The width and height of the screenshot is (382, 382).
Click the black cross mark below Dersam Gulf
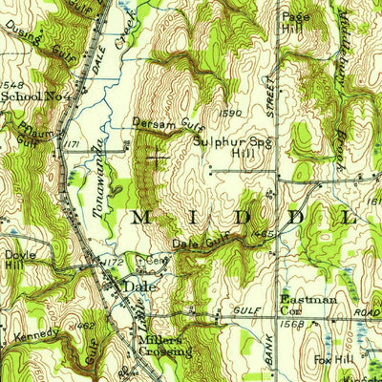[x=158, y=158]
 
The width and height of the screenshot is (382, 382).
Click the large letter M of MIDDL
[x=140, y=217]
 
